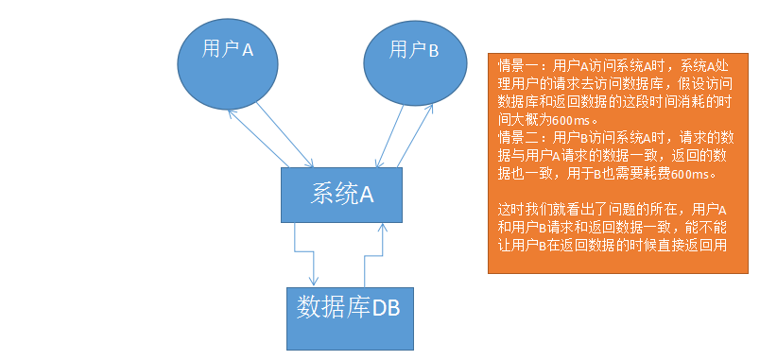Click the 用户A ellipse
pos(227,63)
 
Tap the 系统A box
pos(341,195)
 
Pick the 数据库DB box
pos(350,318)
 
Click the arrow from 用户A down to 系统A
pos(285,135)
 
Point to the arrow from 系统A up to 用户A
pos(258,138)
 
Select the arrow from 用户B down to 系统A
pos(390,136)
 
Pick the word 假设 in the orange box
pos(696,84)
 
